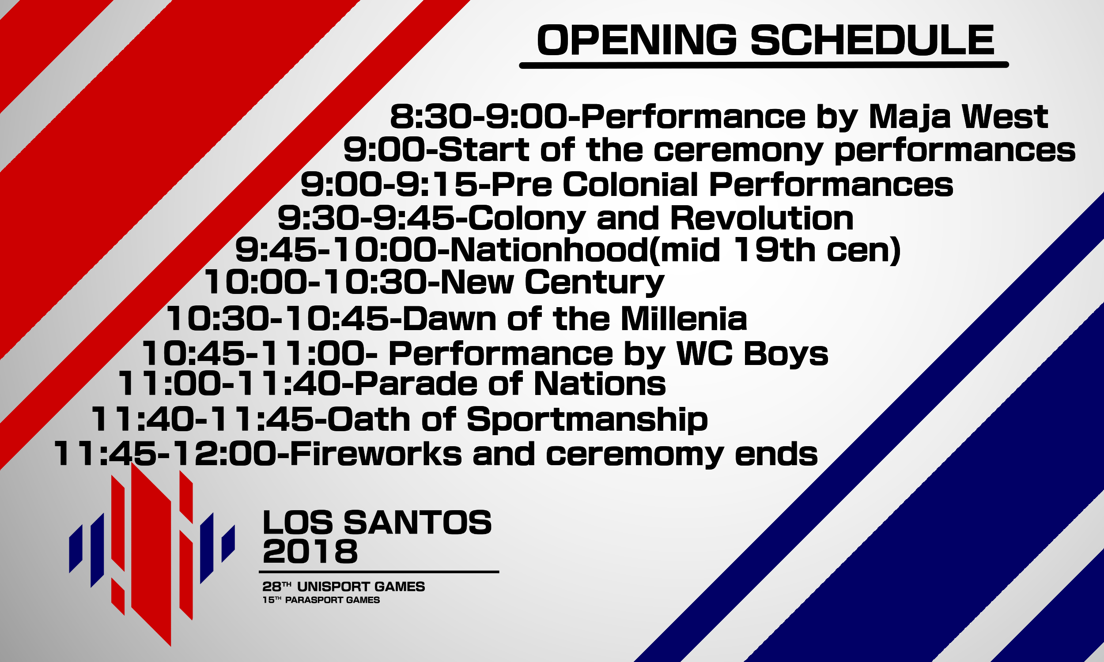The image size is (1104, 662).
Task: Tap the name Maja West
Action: pos(958,117)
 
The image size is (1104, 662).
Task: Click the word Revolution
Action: pos(762,218)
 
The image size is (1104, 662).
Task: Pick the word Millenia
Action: pos(684,319)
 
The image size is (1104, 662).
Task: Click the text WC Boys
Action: pos(752,354)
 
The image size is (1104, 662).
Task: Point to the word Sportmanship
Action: pos(587,420)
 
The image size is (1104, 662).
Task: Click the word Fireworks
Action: pos(376,454)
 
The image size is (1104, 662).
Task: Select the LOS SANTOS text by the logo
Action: pos(377,523)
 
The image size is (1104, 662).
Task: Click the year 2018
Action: pos(310,552)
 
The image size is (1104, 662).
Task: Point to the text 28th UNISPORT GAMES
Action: pos(344,587)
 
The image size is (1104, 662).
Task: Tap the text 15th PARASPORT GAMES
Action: pos(321,600)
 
